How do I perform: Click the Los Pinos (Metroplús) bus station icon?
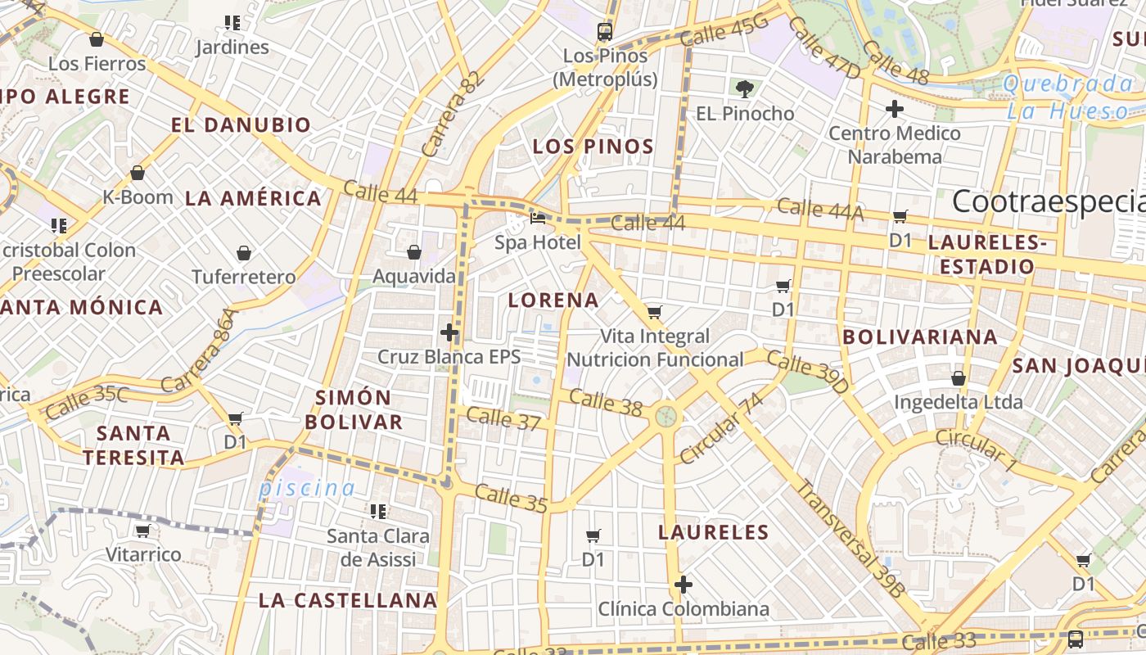pyautogui.click(x=605, y=32)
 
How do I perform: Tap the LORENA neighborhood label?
pyautogui.click(x=553, y=300)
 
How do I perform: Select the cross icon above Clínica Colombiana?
pyautogui.click(x=684, y=585)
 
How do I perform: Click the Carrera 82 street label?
pyautogui.click(x=450, y=115)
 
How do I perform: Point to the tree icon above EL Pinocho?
pyautogui.click(x=744, y=88)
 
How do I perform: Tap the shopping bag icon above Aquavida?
pyautogui.click(x=414, y=252)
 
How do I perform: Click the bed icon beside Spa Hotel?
pyautogui.click(x=538, y=218)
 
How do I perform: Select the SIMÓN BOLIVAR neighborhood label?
pyautogui.click(x=360, y=409)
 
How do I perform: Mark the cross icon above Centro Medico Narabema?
pyautogui.click(x=895, y=108)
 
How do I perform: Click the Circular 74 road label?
pyautogui.click(x=721, y=428)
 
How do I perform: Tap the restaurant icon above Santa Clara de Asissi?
pyautogui.click(x=378, y=512)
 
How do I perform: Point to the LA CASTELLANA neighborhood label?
pyautogui.click(x=348, y=600)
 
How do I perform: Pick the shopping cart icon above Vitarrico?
pyautogui.click(x=143, y=531)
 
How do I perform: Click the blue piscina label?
pyautogui.click(x=307, y=489)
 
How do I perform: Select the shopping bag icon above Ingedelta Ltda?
pyautogui.click(x=958, y=378)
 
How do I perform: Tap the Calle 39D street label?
pyautogui.click(x=808, y=373)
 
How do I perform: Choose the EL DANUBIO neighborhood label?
pyautogui.click(x=241, y=124)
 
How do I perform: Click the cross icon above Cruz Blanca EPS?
pyautogui.click(x=449, y=332)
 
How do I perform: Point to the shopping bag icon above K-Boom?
pyautogui.click(x=138, y=173)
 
